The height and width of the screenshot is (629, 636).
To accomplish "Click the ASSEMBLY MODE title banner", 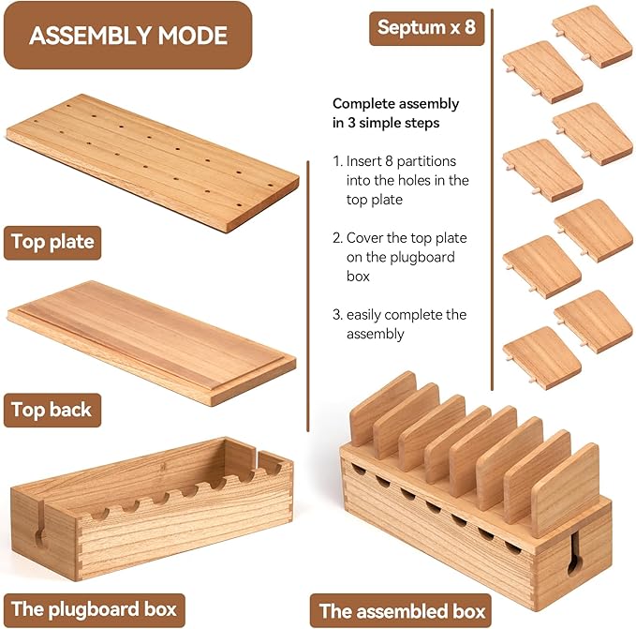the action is click(127, 36).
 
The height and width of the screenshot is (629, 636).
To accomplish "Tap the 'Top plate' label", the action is click(52, 242).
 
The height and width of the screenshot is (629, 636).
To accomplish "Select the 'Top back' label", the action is click(52, 410).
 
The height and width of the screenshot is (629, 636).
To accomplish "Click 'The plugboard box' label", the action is click(94, 609).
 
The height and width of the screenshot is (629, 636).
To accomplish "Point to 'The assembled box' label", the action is click(401, 611).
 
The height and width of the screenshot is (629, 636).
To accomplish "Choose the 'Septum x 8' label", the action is click(427, 28).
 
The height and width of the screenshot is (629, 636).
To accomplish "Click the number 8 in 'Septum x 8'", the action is click(469, 27).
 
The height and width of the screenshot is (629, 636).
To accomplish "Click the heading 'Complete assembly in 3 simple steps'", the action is click(395, 113).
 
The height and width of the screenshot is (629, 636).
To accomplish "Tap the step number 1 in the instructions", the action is click(336, 161).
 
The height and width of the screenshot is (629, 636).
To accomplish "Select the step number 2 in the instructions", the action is click(337, 238).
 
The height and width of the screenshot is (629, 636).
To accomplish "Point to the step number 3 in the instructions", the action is click(337, 315).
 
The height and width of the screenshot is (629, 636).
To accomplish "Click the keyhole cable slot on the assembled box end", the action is click(575, 553).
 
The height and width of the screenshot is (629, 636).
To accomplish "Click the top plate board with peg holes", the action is click(153, 163).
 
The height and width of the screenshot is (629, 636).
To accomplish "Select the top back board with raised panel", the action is click(152, 343).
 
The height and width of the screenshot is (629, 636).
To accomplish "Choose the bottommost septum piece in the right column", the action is click(541, 358).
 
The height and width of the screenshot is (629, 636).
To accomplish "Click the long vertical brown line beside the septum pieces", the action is click(492, 200).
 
